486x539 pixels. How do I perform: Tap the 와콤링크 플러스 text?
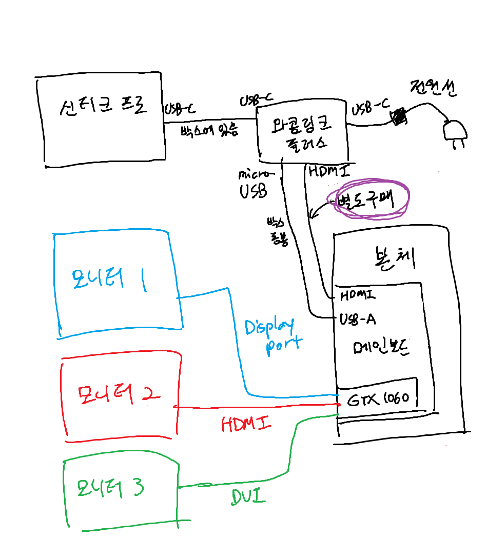(302, 132)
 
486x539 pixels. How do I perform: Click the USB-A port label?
(358, 320)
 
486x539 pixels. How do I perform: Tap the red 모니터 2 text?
(119, 394)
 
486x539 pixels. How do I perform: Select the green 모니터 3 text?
(110, 488)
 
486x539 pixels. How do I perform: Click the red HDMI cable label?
(246, 424)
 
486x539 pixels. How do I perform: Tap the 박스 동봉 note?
(277, 232)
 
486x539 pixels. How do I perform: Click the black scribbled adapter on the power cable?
(399, 117)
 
